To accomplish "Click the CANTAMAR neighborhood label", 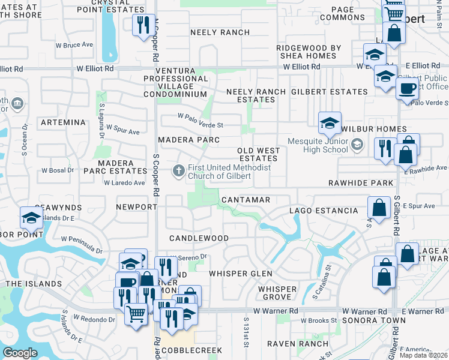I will pyautogui.click(x=246, y=199).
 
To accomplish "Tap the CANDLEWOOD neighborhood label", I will pyautogui.click(x=199, y=238).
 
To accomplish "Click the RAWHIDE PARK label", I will pyautogui.click(x=361, y=183).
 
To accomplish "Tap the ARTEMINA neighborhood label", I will pyautogui.click(x=63, y=122).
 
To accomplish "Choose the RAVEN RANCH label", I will pyautogui.click(x=298, y=344).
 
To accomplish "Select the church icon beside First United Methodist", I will pyautogui.click(x=178, y=172).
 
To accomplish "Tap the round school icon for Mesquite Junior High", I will pyautogui.click(x=357, y=144).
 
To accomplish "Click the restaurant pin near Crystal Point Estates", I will pyautogui.click(x=142, y=25).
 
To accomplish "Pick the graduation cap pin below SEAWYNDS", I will pyautogui.click(x=31, y=218).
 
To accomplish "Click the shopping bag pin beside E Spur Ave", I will pyautogui.click(x=379, y=208).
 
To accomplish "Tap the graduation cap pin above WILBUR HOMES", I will pyautogui.click(x=330, y=123).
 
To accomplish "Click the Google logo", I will pyautogui.click(x=20, y=353).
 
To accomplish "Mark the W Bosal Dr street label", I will pyautogui.click(x=58, y=170).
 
